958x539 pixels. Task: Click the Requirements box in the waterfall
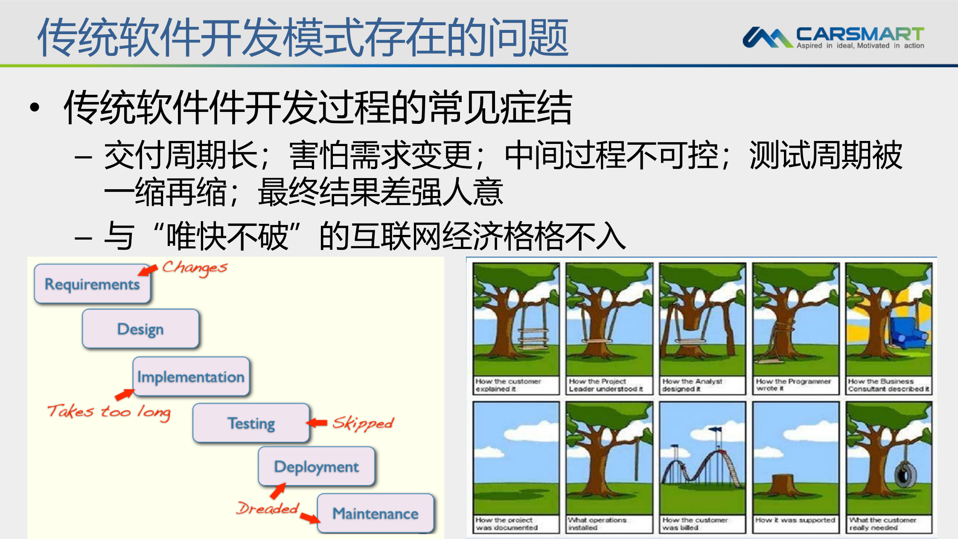click(x=92, y=284)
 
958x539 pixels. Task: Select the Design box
click(x=140, y=329)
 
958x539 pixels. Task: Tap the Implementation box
click(x=191, y=377)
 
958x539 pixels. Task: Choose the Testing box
click(x=251, y=423)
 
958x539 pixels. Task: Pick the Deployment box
click(x=316, y=466)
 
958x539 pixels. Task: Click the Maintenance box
click(x=375, y=513)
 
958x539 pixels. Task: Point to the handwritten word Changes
click(x=195, y=268)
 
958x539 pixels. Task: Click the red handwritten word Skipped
click(x=363, y=423)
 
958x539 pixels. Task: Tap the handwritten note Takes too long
click(x=109, y=412)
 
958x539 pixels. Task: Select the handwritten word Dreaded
click(x=268, y=508)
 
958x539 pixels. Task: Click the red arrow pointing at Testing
click(x=317, y=423)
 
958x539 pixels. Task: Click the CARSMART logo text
click(x=859, y=34)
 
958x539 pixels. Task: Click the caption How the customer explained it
click(x=508, y=385)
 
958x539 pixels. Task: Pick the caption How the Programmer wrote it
click(x=793, y=384)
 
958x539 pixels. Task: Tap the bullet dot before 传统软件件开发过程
click(x=35, y=107)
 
